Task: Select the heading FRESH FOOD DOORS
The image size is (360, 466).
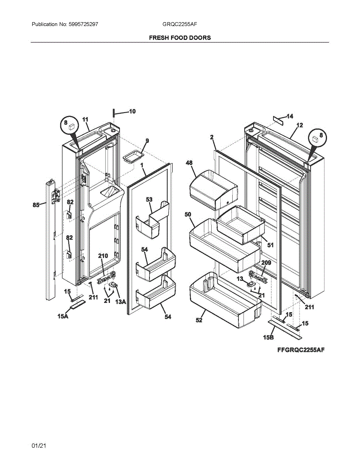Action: click(x=180, y=38)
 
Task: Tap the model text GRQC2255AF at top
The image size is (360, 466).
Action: click(x=180, y=24)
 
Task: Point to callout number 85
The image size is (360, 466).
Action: click(x=36, y=205)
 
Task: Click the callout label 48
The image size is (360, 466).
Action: click(x=189, y=163)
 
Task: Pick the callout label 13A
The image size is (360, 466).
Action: click(x=121, y=301)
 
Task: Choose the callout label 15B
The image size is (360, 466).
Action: click(x=268, y=337)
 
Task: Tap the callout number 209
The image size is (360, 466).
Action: click(x=266, y=263)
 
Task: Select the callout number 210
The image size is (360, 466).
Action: click(x=103, y=256)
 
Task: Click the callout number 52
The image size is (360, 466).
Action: click(x=199, y=320)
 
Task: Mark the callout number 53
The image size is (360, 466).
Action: click(x=149, y=199)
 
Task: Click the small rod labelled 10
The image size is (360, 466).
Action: click(x=114, y=113)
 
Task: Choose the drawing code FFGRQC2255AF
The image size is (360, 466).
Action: click(x=301, y=350)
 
